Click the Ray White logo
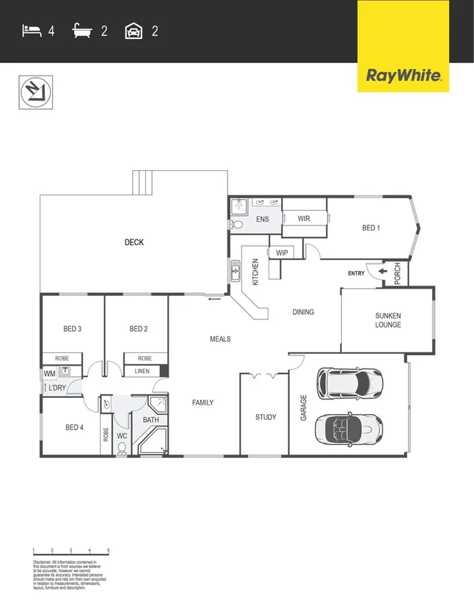[403, 74]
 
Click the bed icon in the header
[31, 31]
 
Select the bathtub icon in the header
[83, 31]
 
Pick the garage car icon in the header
[134, 31]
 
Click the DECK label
[134, 242]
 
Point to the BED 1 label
[371, 228]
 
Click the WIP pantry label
[282, 253]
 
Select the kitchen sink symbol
[236, 271]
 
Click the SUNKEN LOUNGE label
[387, 320]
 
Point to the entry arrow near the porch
[383, 273]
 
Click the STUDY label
[266, 417]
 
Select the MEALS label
[220, 339]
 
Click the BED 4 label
[74, 427]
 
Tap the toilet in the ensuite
[237, 225]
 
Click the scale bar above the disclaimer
[70, 551]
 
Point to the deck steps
[143, 182]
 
